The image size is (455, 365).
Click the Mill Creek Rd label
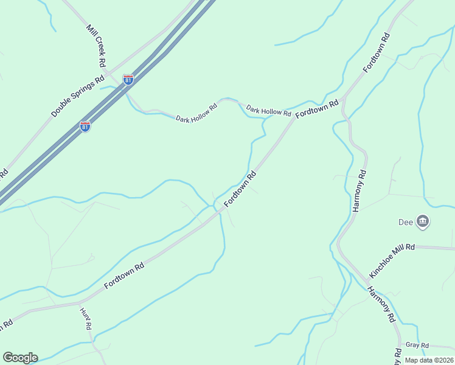[x=97, y=46]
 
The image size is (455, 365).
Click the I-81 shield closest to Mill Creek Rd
[x=128, y=80]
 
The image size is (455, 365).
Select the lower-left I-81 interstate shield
[x=85, y=127]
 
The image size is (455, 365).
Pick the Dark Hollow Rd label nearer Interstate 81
[x=196, y=114]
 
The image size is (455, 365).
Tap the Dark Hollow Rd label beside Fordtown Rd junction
[x=269, y=111]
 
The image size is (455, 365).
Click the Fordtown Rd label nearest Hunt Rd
[x=123, y=276]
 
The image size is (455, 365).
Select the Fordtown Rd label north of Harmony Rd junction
[x=377, y=53]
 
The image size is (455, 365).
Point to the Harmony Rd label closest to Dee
[x=359, y=191]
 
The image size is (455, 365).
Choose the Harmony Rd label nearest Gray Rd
[x=382, y=304]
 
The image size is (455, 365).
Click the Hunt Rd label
[x=86, y=318]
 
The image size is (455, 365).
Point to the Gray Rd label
[x=417, y=345]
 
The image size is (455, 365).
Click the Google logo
[x=20, y=358]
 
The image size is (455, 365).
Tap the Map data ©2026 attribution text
[x=428, y=360]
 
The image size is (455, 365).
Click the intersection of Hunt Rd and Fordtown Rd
[x=79, y=302]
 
